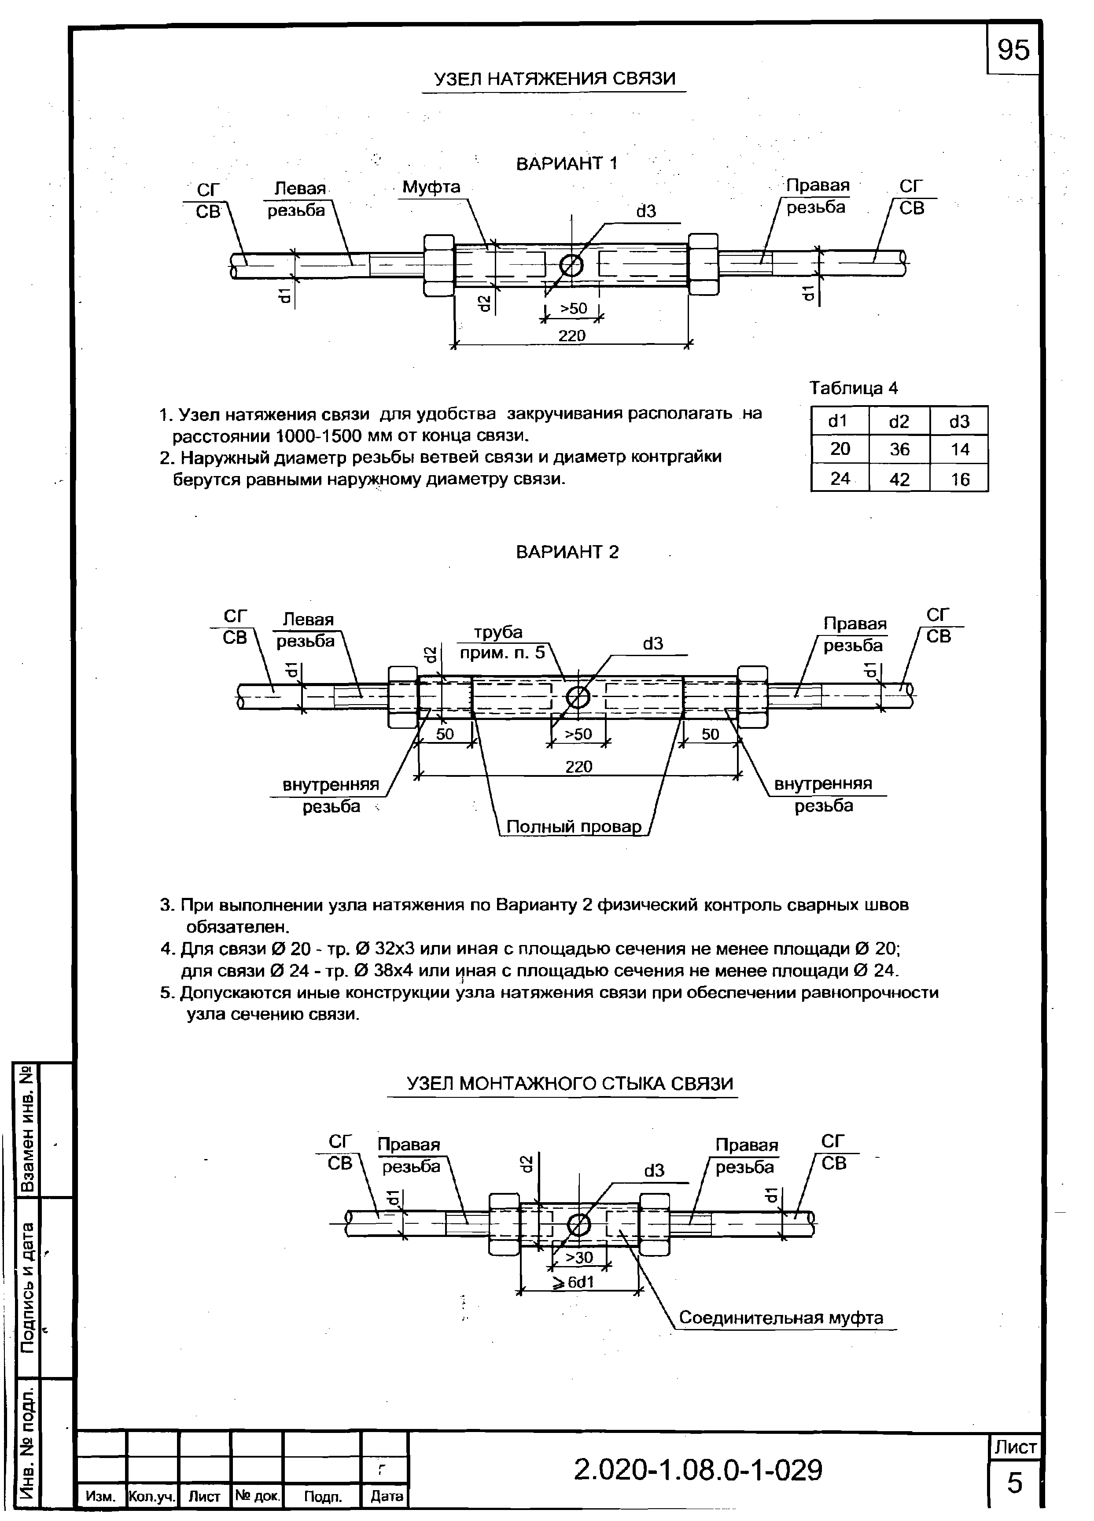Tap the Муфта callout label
[x=431, y=187]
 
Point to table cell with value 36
[x=899, y=449]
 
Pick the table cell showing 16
[x=959, y=479]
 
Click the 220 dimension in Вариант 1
[x=572, y=335]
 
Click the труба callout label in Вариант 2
[x=498, y=632]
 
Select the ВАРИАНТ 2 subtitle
[x=567, y=552]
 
